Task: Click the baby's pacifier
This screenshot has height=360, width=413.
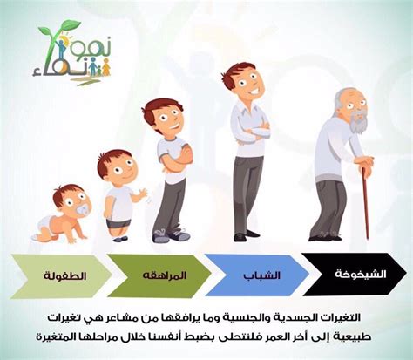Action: point(80,212)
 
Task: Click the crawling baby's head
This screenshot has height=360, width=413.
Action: point(70,199)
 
